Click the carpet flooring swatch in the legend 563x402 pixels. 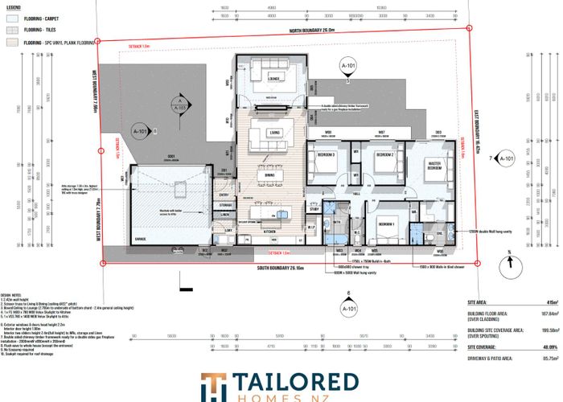10,15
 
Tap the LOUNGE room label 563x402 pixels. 268,79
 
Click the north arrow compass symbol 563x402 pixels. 509,262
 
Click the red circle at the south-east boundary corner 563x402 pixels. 476,263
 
